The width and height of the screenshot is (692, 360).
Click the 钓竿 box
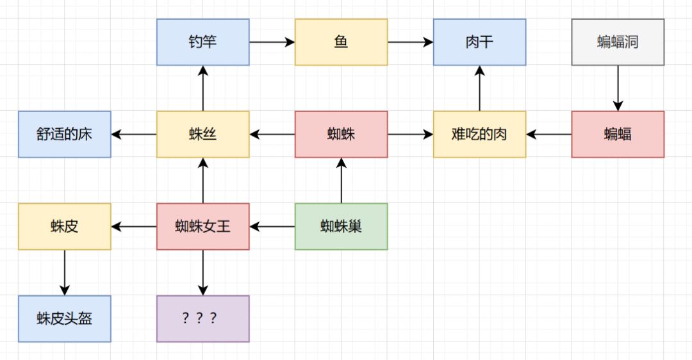click(x=203, y=42)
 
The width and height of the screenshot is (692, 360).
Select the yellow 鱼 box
click(x=342, y=42)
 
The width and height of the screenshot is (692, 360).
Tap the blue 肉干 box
click(x=479, y=42)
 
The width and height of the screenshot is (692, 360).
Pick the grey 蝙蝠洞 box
click(x=618, y=42)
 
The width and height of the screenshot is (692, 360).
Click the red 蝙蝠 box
click(x=618, y=135)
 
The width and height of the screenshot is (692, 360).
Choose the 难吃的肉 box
click(x=479, y=135)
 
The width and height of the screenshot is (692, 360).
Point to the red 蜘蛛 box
click(x=342, y=135)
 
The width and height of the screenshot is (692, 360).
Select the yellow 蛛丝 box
click(x=203, y=135)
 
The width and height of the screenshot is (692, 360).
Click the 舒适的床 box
click(x=65, y=135)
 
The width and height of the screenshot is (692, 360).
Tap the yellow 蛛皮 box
click(x=65, y=227)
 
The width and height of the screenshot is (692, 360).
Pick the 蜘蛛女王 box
click(x=203, y=227)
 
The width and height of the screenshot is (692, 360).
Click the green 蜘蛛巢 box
click(x=342, y=227)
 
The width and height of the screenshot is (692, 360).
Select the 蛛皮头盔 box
click(x=65, y=319)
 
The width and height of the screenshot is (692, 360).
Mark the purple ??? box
click(x=203, y=319)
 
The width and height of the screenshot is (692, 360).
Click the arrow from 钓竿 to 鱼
click(x=272, y=42)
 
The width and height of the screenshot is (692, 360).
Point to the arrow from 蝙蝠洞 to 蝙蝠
click(x=618, y=88)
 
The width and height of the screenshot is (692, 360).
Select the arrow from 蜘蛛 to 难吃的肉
click(x=411, y=135)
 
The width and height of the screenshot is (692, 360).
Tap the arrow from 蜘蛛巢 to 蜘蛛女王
click(x=272, y=227)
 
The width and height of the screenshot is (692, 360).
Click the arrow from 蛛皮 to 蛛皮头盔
click(x=65, y=272)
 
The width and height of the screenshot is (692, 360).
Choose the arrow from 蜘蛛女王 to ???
click(x=203, y=272)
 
